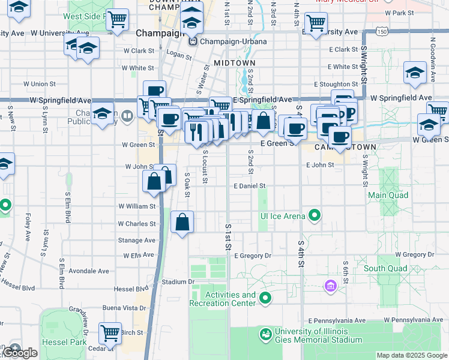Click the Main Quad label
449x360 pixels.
[388, 195]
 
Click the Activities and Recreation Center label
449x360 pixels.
[231, 299]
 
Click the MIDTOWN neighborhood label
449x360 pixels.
[234, 63]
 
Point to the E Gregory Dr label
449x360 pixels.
[253, 256]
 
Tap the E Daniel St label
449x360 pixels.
[249, 186]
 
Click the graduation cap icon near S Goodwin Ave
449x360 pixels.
[415, 72]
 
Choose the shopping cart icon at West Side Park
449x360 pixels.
[118, 19]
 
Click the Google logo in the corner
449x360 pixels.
[20, 353]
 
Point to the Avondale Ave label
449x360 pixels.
[89, 271]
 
